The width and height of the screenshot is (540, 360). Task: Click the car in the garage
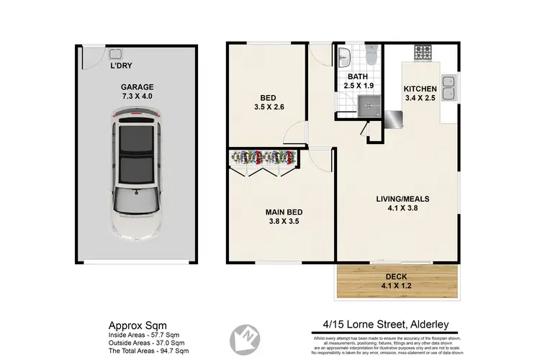pyautogui.click(x=135, y=174)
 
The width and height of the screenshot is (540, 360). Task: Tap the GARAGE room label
pyautogui.click(x=137, y=87)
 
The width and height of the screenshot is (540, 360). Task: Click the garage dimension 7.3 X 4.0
pyautogui.click(x=137, y=96)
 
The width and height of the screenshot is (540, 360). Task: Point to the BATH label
pyautogui.click(x=358, y=76)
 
